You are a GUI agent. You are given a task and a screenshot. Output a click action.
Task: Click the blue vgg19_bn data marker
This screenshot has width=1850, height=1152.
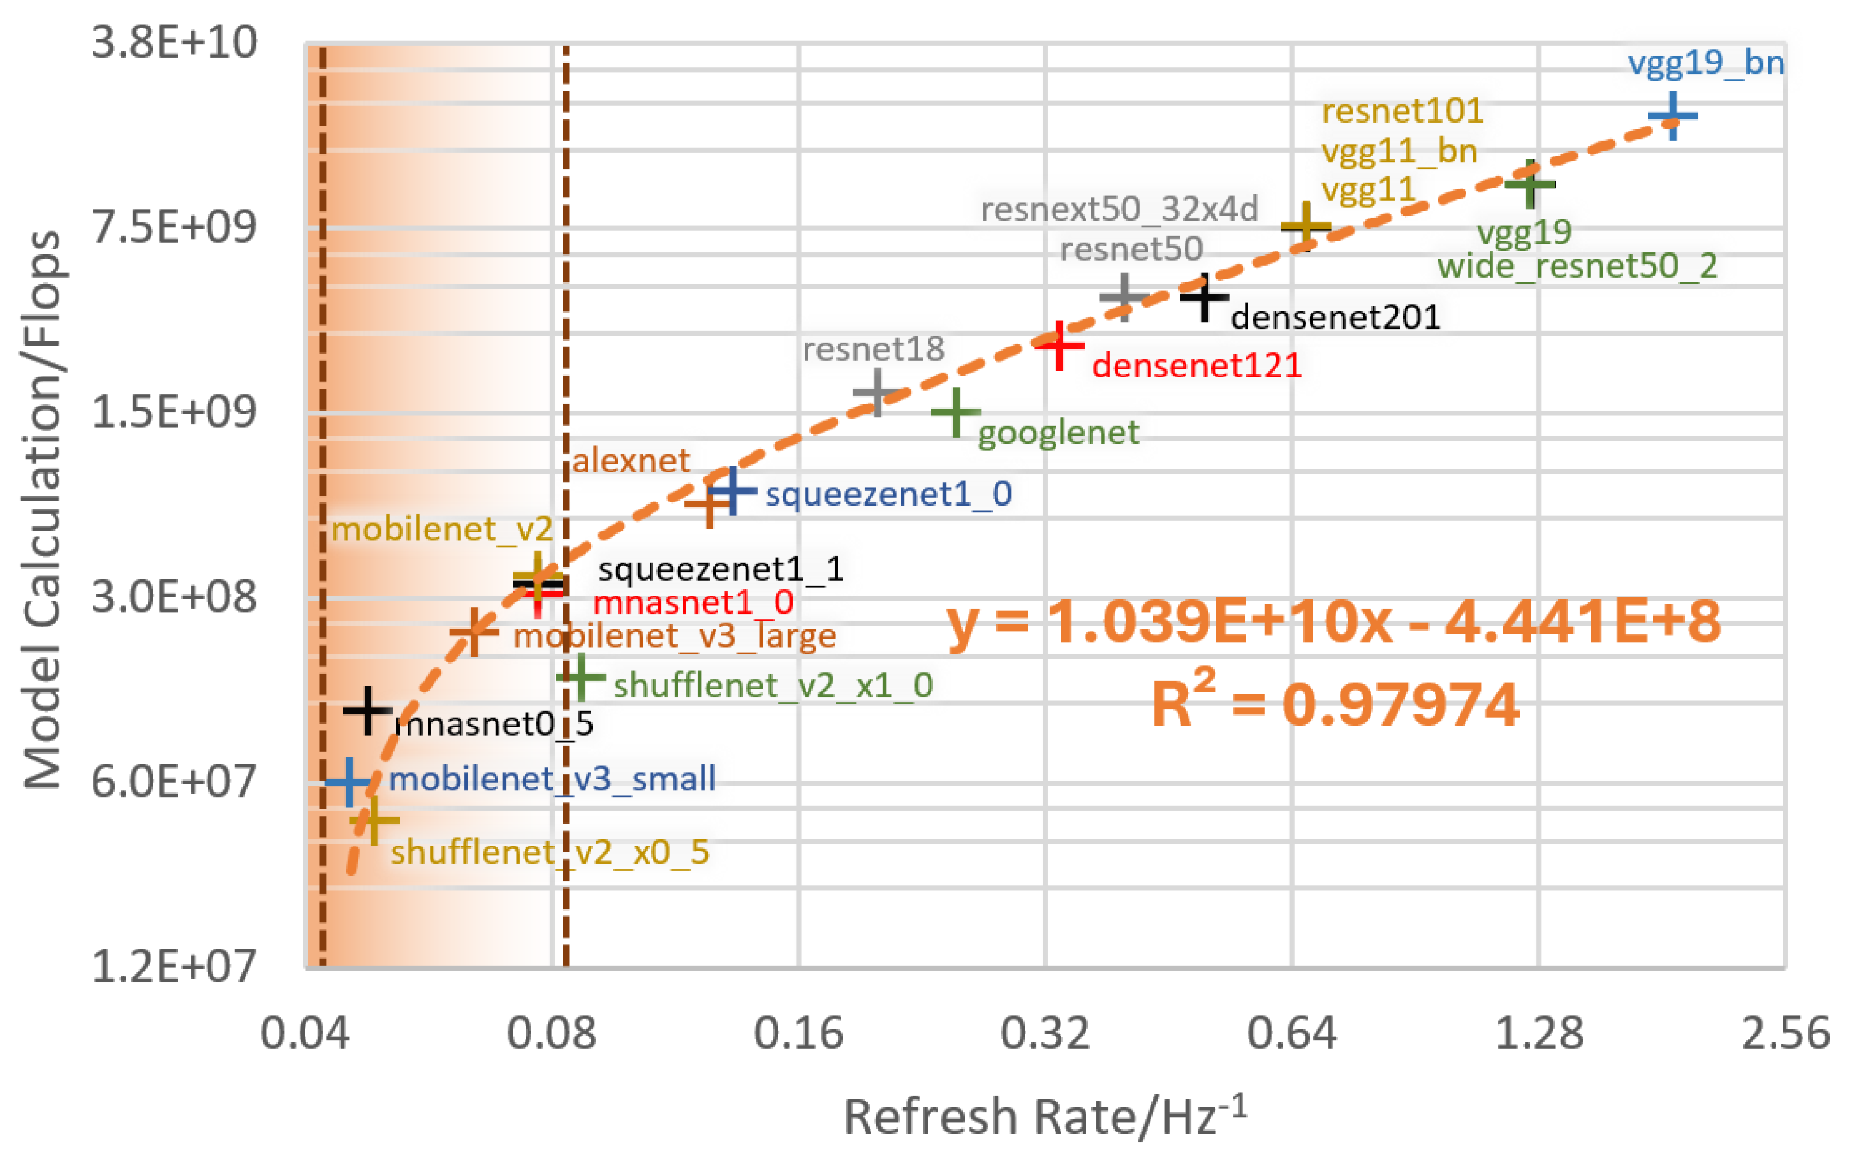pyautogui.click(x=1672, y=116)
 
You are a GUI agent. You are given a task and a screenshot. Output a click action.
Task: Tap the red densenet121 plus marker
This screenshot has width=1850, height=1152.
pyautogui.click(x=1059, y=346)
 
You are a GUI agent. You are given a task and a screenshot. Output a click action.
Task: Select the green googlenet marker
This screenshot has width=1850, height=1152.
pyautogui.click(x=955, y=412)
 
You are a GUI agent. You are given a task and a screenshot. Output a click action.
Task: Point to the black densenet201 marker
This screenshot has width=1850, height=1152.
pyautogui.click(x=1204, y=297)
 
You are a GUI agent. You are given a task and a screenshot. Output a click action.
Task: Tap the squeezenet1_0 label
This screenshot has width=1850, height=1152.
pyautogui.click(x=889, y=495)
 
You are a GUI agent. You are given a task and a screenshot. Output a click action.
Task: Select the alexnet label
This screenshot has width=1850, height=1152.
pyautogui.click(x=631, y=461)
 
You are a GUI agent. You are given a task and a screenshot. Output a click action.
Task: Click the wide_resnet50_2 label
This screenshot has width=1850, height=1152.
pyautogui.click(x=1577, y=267)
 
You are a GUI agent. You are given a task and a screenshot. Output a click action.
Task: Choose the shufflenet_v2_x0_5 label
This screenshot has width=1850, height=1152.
pyautogui.click(x=549, y=852)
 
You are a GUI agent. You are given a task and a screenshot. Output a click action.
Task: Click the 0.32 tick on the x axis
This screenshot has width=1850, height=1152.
pyautogui.click(x=1045, y=1034)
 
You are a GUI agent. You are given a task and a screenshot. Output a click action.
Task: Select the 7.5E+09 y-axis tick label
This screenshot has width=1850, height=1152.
pyautogui.click(x=173, y=226)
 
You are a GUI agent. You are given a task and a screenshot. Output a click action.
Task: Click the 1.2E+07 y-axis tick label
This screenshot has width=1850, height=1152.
pyautogui.click(x=173, y=966)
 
